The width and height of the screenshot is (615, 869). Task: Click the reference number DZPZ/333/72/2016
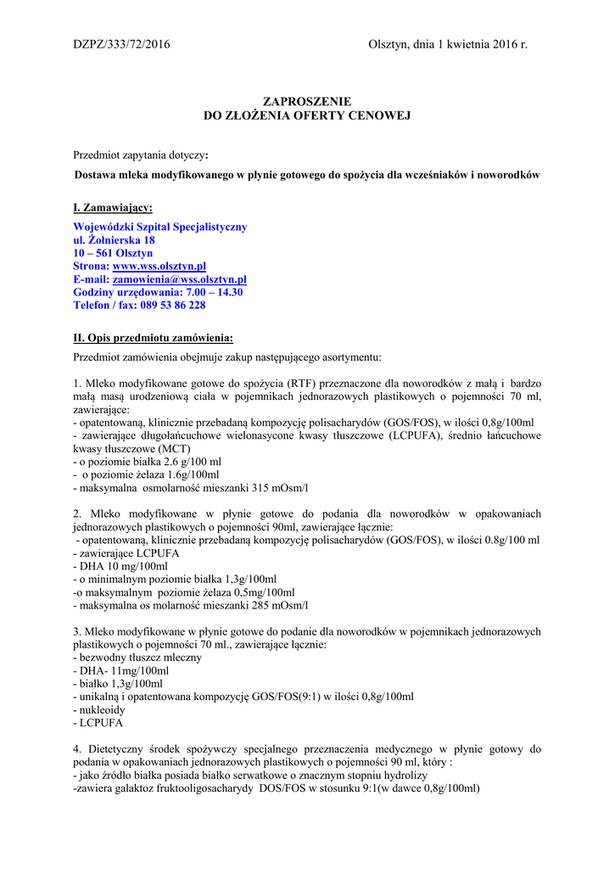121,44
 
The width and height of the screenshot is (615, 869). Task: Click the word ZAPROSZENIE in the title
307,101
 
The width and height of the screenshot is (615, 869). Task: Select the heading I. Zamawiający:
113,207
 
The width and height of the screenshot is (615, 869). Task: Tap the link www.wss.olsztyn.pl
159,266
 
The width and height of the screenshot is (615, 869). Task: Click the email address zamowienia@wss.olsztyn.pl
179,279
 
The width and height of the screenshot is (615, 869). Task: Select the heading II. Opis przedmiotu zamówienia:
154,338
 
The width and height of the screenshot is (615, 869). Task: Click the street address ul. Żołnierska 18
115,240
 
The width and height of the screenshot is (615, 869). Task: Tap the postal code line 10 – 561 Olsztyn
113,253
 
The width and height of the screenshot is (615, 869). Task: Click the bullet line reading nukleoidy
101,709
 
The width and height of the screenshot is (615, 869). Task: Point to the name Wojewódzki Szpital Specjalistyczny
160,227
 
